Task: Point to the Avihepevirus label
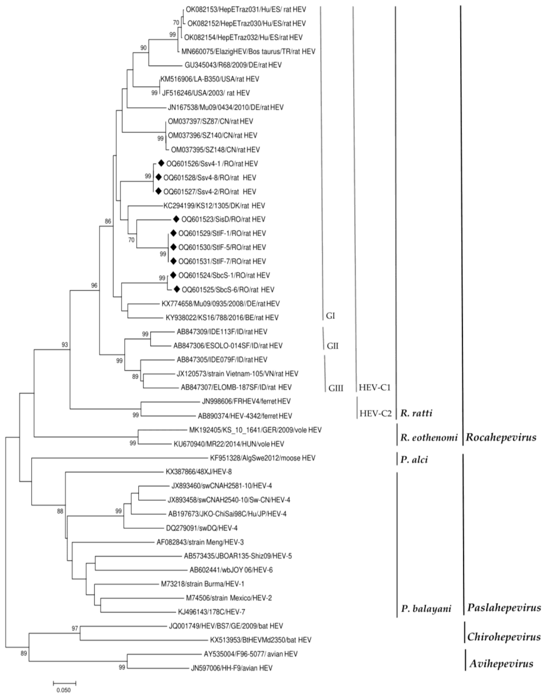(x=501, y=664)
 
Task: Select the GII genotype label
(x=332, y=346)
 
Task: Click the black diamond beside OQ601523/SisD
(x=176, y=219)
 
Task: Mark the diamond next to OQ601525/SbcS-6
(x=177, y=289)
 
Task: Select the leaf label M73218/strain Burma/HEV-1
(x=202, y=584)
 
